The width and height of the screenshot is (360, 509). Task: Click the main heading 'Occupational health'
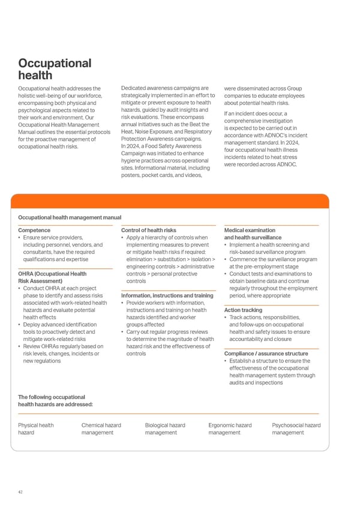(55, 69)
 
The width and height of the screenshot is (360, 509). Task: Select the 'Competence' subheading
(34, 230)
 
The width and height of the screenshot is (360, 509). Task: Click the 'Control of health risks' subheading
(149, 230)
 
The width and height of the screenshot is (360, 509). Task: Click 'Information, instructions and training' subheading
(167, 295)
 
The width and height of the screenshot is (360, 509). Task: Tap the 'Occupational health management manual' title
(70, 217)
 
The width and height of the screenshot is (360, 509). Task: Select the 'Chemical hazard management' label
(101, 429)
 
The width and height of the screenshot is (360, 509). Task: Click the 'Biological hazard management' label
(164, 429)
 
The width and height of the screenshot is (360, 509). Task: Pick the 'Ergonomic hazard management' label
(230, 429)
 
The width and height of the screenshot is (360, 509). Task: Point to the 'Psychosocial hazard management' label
(296, 429)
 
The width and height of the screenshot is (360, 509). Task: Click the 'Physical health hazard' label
(35, 429)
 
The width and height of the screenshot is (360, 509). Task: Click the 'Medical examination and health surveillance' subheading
(253, 233)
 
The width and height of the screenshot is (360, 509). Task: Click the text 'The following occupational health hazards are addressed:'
(56, 400)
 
